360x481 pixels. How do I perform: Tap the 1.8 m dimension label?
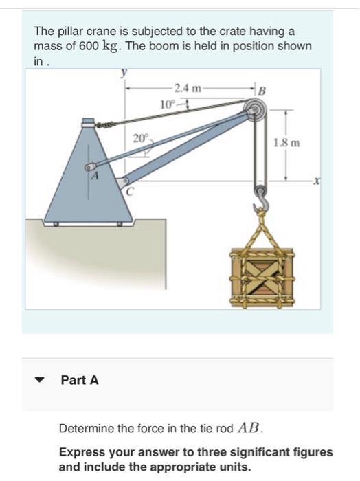tap(285, 144)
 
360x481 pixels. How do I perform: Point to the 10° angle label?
tap(166, 104)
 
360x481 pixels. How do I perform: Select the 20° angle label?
tap(141, 138)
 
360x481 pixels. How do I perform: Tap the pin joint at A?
tap(89, 168)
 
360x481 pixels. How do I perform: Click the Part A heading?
tap(80, 380)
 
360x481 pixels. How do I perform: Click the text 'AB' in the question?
tap(250, 427)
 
